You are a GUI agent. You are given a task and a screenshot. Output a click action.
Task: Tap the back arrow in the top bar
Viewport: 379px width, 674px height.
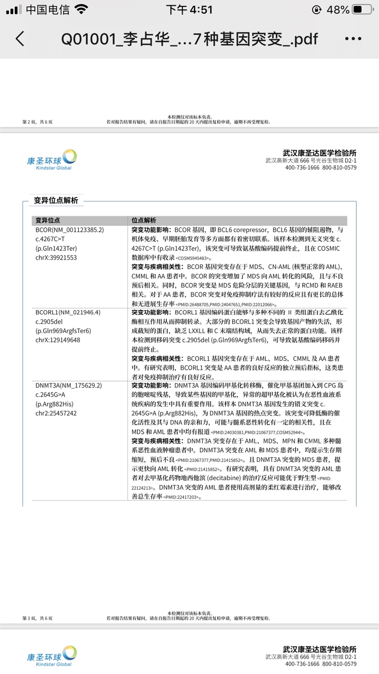coord(20,39)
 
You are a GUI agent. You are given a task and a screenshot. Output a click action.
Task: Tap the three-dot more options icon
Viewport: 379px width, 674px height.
coord(353,39)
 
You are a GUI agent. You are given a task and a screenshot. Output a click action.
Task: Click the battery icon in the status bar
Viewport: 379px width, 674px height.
coord(364,10)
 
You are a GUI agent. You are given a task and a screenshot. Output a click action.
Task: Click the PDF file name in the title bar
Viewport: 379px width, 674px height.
coord(189,39)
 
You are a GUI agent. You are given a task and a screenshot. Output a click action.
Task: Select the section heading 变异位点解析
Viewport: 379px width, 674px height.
coord(56,200)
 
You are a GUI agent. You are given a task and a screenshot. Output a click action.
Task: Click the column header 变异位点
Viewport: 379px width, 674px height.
coord(47,220)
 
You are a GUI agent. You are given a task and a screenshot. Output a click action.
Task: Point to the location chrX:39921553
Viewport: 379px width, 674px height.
coord(56,257)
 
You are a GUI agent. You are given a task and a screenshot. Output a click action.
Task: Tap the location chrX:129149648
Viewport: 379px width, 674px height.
coord(58,340)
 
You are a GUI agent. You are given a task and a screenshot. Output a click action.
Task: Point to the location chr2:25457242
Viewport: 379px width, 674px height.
coord(56,413)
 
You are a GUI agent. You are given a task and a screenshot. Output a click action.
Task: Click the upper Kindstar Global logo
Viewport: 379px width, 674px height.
coord(52,159)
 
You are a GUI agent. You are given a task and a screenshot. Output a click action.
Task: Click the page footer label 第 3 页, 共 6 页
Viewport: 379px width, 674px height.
coord(37,618)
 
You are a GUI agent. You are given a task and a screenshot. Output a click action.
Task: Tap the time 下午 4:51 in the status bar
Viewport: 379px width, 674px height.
coord(189,10)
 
